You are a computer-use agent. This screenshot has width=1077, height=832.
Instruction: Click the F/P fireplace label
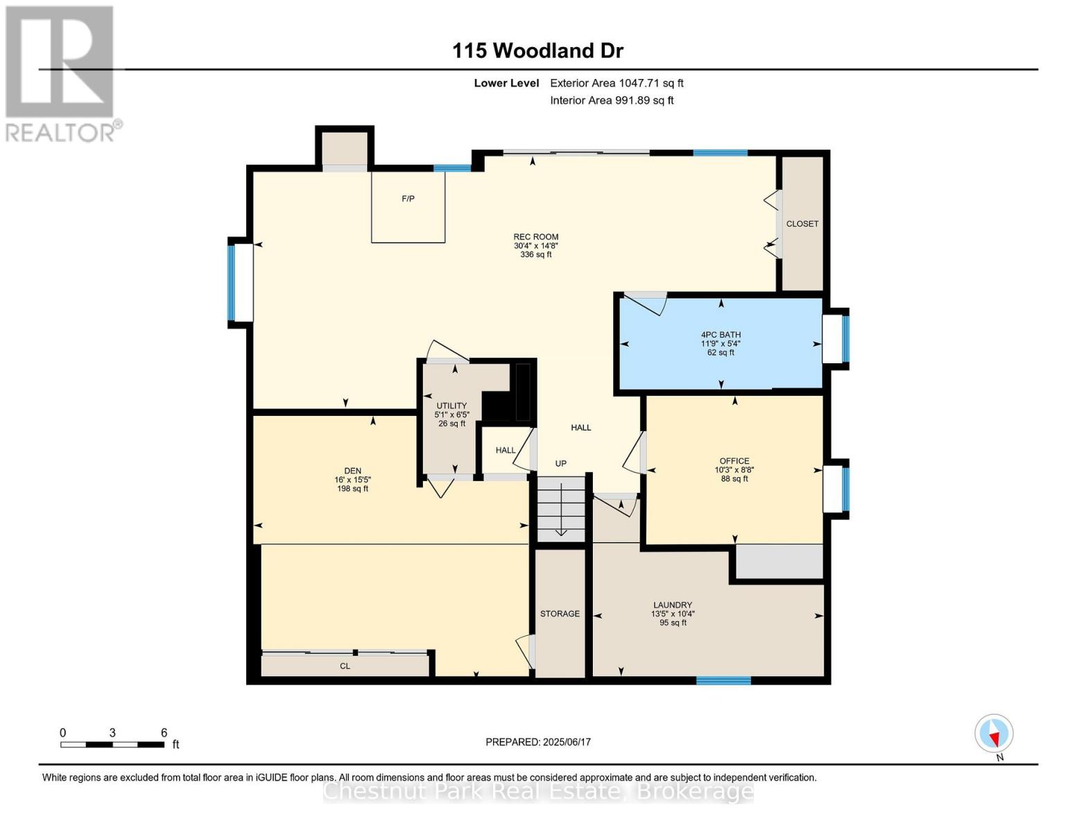coord(408,199)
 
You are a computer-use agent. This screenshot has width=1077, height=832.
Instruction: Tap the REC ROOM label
coord(535,237)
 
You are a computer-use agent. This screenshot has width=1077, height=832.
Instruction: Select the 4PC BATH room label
coord(721,335)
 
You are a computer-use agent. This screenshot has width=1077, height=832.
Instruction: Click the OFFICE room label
coord(734,461)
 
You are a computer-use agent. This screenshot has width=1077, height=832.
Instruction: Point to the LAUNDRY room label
coord(672,605)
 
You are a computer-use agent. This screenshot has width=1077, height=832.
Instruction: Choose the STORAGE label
coord(560,614)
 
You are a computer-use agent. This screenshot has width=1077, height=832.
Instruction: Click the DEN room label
coord(352,471)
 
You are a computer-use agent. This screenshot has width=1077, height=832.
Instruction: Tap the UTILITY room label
coord(451,406)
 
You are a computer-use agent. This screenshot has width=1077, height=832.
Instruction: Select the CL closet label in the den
coord(345,666)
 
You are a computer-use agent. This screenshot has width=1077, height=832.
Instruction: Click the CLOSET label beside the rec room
coord(802,224)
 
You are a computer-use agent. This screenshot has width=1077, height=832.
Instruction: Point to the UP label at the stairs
coord(560,463)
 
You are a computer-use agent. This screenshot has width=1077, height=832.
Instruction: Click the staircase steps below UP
coord(561,509)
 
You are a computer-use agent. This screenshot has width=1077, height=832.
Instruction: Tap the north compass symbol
coord(994,734)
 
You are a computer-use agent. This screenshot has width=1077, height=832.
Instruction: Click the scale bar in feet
coord(112,745)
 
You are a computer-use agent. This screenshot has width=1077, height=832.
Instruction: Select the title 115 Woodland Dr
coord(537,51)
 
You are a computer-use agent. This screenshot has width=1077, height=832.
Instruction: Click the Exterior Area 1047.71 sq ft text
coord(617,83)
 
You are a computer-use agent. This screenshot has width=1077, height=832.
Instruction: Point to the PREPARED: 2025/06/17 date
coord(538,742)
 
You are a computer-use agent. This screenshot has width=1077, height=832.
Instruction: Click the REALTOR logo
coord(61,73)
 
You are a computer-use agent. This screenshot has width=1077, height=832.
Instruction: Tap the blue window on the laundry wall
coord(723,680)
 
